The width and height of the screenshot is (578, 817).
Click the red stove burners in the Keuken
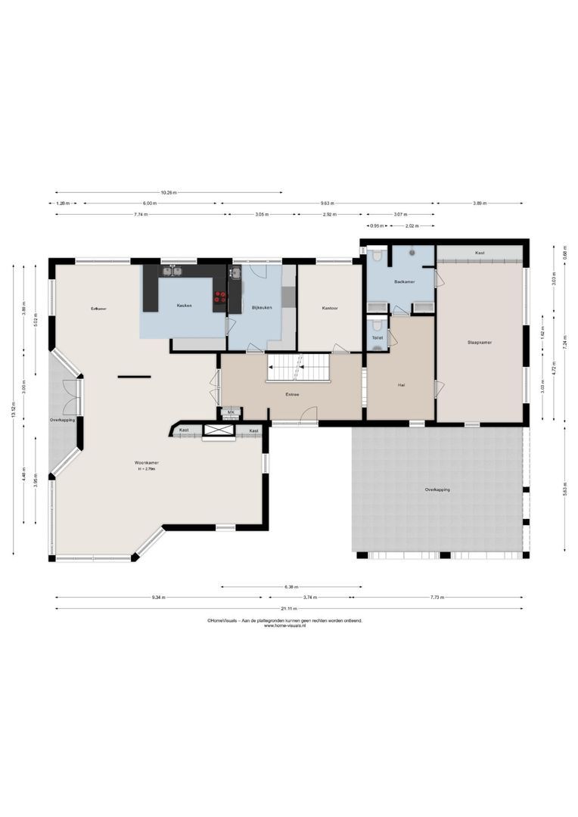click(221, 297)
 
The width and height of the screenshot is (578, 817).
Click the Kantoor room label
click(329, 308)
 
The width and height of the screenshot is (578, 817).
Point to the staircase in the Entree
click(300, 368)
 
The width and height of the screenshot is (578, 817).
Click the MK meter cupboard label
click(231, 412)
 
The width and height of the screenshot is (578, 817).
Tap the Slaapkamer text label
click(480, 342)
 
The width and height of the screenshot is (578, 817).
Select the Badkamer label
click(404, 281)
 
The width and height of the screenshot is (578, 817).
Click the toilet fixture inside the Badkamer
click(377, 256)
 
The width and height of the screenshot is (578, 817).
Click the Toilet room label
click(377, 337)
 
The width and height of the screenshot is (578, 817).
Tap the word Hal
click(401, 385)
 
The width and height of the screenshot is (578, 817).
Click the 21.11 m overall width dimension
click(288, 608)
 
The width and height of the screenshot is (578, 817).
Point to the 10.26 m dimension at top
click(169, 192)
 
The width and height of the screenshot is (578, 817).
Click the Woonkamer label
click(147, 462)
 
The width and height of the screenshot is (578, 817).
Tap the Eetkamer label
click(98, 309)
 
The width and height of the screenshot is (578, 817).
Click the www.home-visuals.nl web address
click(284, 626)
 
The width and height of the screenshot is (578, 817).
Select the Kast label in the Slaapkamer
click(480, 253)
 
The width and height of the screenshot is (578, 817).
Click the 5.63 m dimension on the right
click(564, 489)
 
